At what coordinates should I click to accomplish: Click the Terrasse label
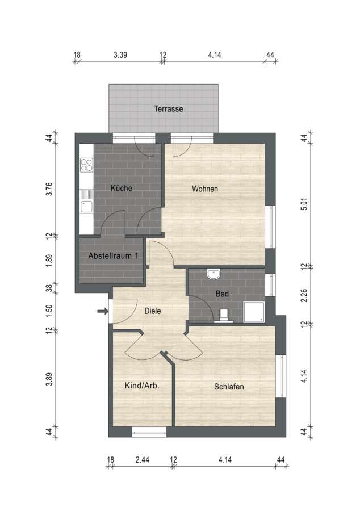coord(169,108)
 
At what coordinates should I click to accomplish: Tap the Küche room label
coord(122,188)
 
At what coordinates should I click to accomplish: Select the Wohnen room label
coord(205,189)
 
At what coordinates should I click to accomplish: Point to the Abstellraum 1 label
coord(113,256)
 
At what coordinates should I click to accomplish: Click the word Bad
coord(222,294)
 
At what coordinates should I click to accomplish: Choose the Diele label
coord(153,311)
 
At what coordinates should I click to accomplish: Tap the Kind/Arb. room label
coord(142,386)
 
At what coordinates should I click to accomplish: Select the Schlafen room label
coord(229,387)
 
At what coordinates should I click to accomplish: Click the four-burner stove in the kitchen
coord(87,165)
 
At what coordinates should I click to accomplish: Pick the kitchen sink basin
coord(87,207)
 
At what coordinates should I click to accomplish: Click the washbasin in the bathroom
coord(214,274)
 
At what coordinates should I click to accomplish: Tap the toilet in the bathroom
coord(224,316)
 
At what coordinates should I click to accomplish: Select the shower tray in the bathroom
coord(254,312)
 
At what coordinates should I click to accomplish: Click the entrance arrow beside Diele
coord(103,311)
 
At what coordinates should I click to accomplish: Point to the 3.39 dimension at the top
coord(120,55)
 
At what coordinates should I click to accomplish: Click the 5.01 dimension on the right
coord(304,204)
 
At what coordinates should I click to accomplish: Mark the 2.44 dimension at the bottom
coord(143,460)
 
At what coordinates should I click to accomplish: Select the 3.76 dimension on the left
coord(49,189)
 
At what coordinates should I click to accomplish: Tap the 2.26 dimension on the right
coord(304,296)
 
